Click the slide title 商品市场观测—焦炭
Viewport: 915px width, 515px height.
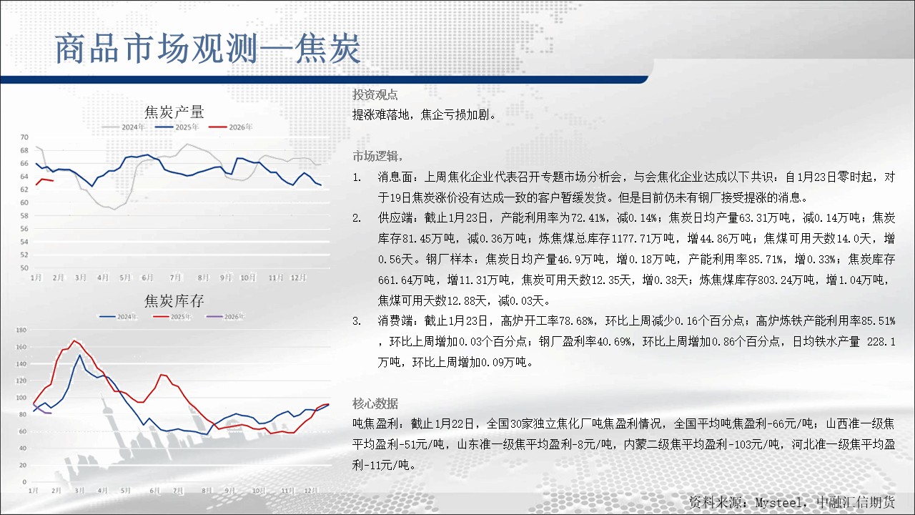click(207, 49)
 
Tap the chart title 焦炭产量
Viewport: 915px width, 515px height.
click(174, 112)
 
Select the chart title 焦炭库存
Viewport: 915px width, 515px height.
click(174, 301)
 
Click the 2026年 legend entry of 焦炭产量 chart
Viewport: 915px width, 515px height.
click(230, 127)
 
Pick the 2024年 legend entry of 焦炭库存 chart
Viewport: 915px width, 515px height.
click(119, 316)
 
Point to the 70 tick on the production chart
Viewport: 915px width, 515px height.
click(24, 137)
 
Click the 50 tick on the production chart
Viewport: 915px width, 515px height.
click(24, 268)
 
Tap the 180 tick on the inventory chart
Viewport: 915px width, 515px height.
click(21, 330)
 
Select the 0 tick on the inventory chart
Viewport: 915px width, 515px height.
click(24, 482)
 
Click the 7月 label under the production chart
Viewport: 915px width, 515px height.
click(175, 278)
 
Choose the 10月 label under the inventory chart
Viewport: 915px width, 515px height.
click(259, 491)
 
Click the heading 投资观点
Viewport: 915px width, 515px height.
click(375, 95)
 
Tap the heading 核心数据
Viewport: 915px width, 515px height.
click(375, 404)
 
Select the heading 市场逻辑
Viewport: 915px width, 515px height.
click(375, 156)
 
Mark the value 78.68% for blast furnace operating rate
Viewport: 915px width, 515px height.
click(576, 321)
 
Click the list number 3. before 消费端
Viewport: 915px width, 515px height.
click(357, 321)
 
